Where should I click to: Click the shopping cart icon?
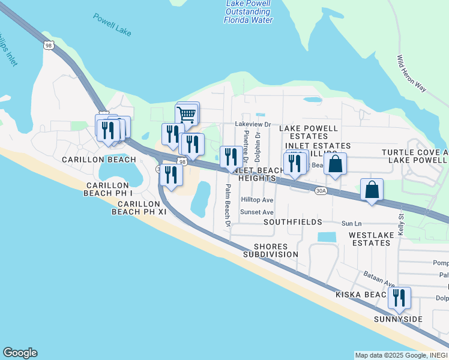click(x=187, y=113)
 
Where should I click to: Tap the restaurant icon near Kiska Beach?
click(x=399, y=298)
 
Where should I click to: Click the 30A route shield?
click(x=321, y=191)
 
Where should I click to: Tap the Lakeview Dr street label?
click(x=253, y=125)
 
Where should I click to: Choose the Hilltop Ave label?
click(x=257, y=200)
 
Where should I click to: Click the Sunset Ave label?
click(x=257, y=212)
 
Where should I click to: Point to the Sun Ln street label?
click(x=352, y=223)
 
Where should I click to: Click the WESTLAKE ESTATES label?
click(x=370, y=239)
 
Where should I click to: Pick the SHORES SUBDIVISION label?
click(x=270, y=250)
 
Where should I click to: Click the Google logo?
click(x=20, y=353)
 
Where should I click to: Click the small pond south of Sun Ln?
click(x=327, y=237)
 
